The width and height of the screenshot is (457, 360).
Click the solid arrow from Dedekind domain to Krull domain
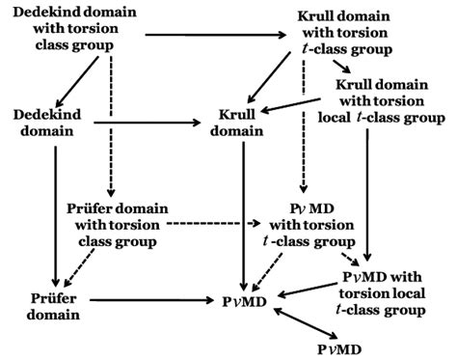coord(146,125)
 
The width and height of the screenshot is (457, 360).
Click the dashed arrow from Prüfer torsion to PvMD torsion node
coord(212,223)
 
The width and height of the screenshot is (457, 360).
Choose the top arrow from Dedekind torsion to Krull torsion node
coord(211,36)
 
